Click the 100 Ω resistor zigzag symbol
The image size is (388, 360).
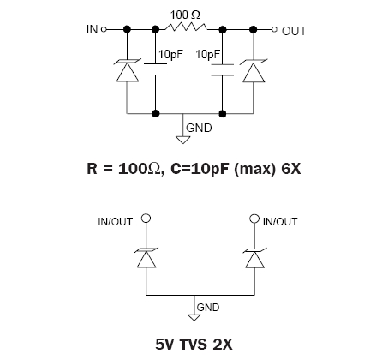(186, 27)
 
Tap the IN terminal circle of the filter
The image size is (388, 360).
(104, 29)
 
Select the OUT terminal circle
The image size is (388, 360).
(274, 29)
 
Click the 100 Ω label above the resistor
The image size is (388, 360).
(185, 15)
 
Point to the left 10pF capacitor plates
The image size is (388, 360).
(155, 69)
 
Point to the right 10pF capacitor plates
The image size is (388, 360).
(223, 70)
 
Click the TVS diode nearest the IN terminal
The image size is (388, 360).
(128, 70)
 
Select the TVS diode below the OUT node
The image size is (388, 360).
(254, 70)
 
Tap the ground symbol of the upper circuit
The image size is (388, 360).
(182, 140)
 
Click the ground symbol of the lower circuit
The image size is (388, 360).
(194, 318)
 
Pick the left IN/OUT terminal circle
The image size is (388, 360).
(146, 219)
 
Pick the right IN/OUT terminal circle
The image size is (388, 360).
(254, 219)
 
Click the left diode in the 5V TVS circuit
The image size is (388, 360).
(146, 258)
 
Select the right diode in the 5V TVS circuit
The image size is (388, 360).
(254, 258)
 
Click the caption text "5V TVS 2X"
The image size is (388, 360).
(194, 344)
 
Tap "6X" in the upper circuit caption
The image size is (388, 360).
(291, 169)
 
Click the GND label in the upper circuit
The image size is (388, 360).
(199, 128)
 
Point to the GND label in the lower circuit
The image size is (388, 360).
(208, 308)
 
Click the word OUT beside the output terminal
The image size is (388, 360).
(294, 31)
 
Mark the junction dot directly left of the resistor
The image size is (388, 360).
(155, 29)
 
